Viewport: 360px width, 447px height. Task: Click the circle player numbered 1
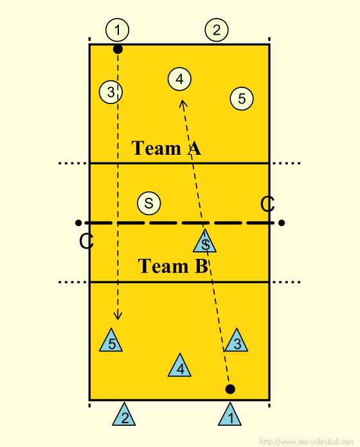coord(117,30)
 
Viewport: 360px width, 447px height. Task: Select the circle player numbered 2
coord(217,30)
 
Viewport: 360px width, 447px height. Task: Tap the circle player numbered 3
coord(111,92)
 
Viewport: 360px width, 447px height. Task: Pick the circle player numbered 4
coord(179,79)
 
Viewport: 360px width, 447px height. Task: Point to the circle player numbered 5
coord(242,99)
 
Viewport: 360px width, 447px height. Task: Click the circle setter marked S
coord(149,203)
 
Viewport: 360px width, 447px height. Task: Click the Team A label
coord(166,148)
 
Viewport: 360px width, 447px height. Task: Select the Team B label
coord(173,266)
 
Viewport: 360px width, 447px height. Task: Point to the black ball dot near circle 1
coord(118,49)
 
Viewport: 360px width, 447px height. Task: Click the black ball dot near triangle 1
coord(230,389)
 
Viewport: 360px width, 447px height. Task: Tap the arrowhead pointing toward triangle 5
coord(118,315)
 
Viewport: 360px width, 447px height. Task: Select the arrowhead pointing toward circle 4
coord(183,104)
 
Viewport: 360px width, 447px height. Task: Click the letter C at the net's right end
coord(267,204)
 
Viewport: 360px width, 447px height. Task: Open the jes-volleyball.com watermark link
coord(307,442)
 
